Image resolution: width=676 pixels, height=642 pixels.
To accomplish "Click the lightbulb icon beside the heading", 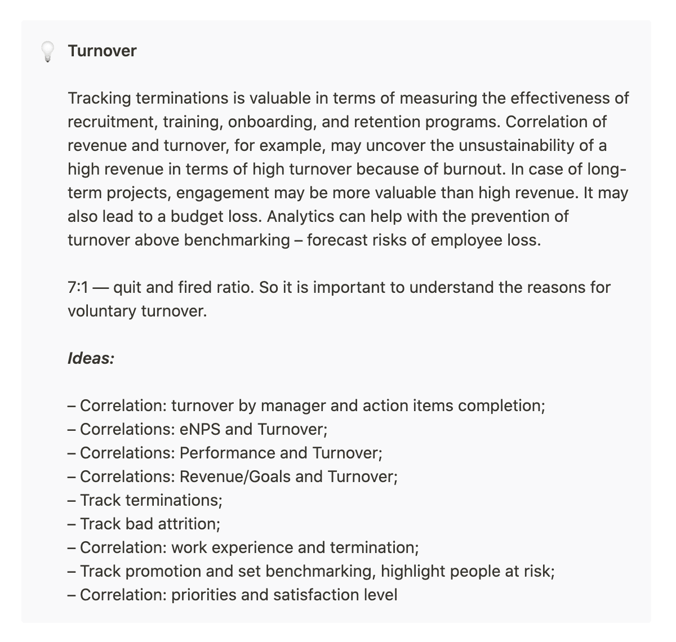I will (x=48, y=52).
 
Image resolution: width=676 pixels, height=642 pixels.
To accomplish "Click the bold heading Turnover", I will (x=102, y=51).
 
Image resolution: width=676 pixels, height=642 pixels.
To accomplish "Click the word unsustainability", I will (x=519, y=146).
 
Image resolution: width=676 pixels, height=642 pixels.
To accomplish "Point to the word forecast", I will (x=337, y=240).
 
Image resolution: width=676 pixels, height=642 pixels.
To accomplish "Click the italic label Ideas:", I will (x=91, y=359).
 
